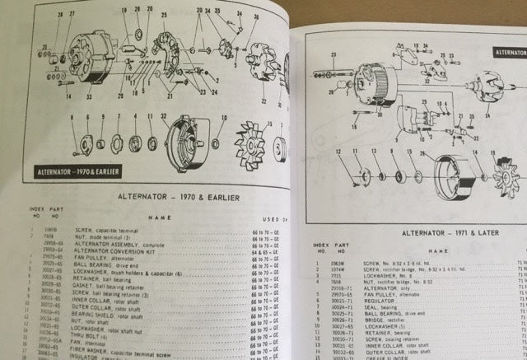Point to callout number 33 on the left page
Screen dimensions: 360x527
pos(88,96)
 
